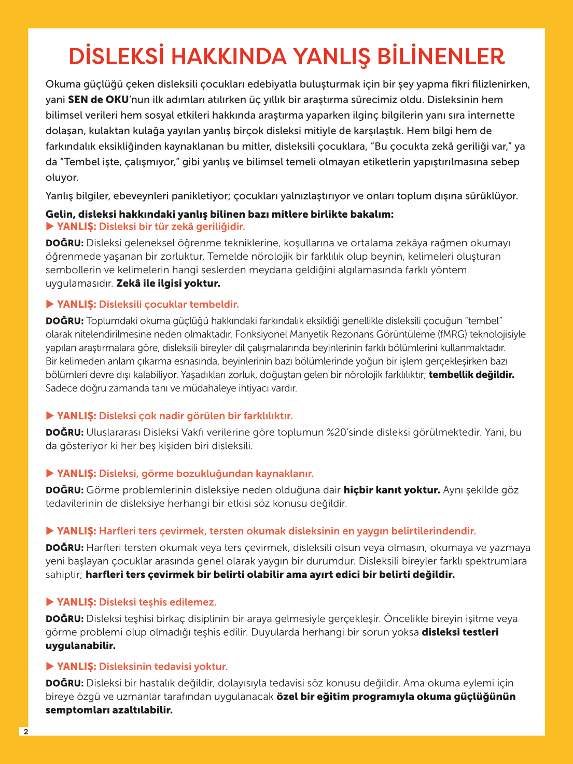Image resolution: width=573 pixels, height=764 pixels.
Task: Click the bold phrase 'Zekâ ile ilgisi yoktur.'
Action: (x=168, y=284)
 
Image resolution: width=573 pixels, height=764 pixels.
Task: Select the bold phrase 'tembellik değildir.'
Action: (x=471, y=375)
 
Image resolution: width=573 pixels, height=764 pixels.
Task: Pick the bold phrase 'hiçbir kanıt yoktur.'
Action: (x=392, y=490)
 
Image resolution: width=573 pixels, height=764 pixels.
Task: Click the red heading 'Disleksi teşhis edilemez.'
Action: (x=158, y=602)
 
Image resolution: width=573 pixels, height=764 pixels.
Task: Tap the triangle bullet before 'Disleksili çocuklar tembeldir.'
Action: (x=50, y=304)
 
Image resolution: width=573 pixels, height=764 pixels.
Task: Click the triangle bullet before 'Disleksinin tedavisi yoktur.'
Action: (x=50, y=666)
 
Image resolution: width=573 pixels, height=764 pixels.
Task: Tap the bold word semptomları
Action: (x=78, y=710)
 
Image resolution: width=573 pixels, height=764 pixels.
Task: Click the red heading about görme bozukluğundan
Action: (x=206, y=474)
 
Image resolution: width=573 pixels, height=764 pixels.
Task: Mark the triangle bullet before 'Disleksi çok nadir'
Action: (x=50, y=415)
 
